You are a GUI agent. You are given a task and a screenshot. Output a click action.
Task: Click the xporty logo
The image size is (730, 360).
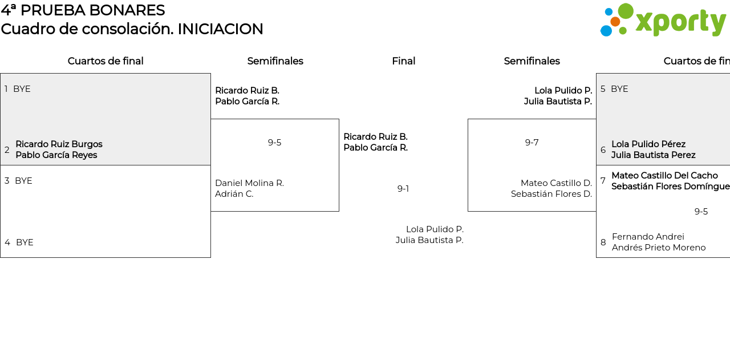(663, 21)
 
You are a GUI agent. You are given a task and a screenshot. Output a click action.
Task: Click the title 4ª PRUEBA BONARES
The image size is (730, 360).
(83, 10)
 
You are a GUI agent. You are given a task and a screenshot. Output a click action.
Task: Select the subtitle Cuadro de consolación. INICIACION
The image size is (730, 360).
(132, 29)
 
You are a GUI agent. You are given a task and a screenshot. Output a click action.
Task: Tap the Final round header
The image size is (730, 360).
(403, 61)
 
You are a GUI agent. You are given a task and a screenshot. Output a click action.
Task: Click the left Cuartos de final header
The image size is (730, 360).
(106, 61)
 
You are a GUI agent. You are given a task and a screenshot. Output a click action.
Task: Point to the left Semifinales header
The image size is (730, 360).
(275, 61)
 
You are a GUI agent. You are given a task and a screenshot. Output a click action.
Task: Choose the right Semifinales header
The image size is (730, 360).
(532, 61)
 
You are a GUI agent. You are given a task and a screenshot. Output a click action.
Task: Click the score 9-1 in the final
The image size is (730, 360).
(403, 189)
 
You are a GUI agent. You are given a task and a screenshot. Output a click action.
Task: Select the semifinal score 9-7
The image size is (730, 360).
(532, 143)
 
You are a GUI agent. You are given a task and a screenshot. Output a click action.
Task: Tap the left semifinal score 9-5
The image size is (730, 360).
(274, 143)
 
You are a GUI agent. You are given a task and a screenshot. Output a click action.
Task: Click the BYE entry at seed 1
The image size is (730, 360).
(22, 89)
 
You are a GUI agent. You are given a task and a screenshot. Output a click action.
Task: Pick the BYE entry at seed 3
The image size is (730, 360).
(23, 181)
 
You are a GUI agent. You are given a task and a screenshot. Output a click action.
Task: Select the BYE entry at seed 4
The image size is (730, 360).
(25, 242)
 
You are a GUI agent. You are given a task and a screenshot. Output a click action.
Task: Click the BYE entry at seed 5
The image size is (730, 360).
(619, 89)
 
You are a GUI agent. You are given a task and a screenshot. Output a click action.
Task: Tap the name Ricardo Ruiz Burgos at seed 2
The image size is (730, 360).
(59, 144)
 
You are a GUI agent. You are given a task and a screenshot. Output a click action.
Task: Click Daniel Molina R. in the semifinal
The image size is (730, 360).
(249, 183)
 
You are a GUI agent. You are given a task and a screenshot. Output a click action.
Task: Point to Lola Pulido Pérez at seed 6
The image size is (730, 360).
(648, 144)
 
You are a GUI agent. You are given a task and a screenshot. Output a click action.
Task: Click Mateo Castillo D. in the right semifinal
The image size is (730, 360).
(556, 183)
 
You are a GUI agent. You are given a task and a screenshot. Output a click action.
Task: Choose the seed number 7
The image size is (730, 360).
(603, 181)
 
